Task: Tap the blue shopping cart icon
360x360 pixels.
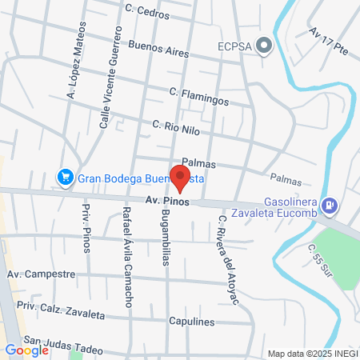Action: tap(65, 177)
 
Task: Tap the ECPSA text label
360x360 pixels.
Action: tap(235, 46)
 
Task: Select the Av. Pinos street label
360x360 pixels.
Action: tap(167, 203)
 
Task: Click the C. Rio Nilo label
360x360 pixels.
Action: tap(176, 128)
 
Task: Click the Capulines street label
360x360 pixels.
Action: tap(192, 322)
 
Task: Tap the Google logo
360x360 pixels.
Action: tap(26, 350)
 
